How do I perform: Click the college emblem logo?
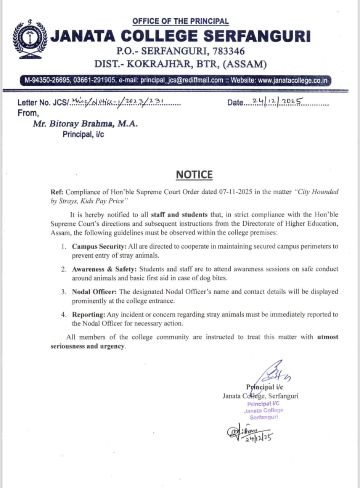point(30,40)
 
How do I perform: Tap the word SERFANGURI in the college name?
point(257,36)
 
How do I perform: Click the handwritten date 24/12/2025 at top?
point(279,102)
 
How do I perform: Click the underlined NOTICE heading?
point(194,175)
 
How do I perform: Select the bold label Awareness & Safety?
point(104,269)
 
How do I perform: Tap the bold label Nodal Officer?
point(94,292)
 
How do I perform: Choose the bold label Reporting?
point(88,315)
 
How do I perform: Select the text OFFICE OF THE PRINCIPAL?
point(180,21)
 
